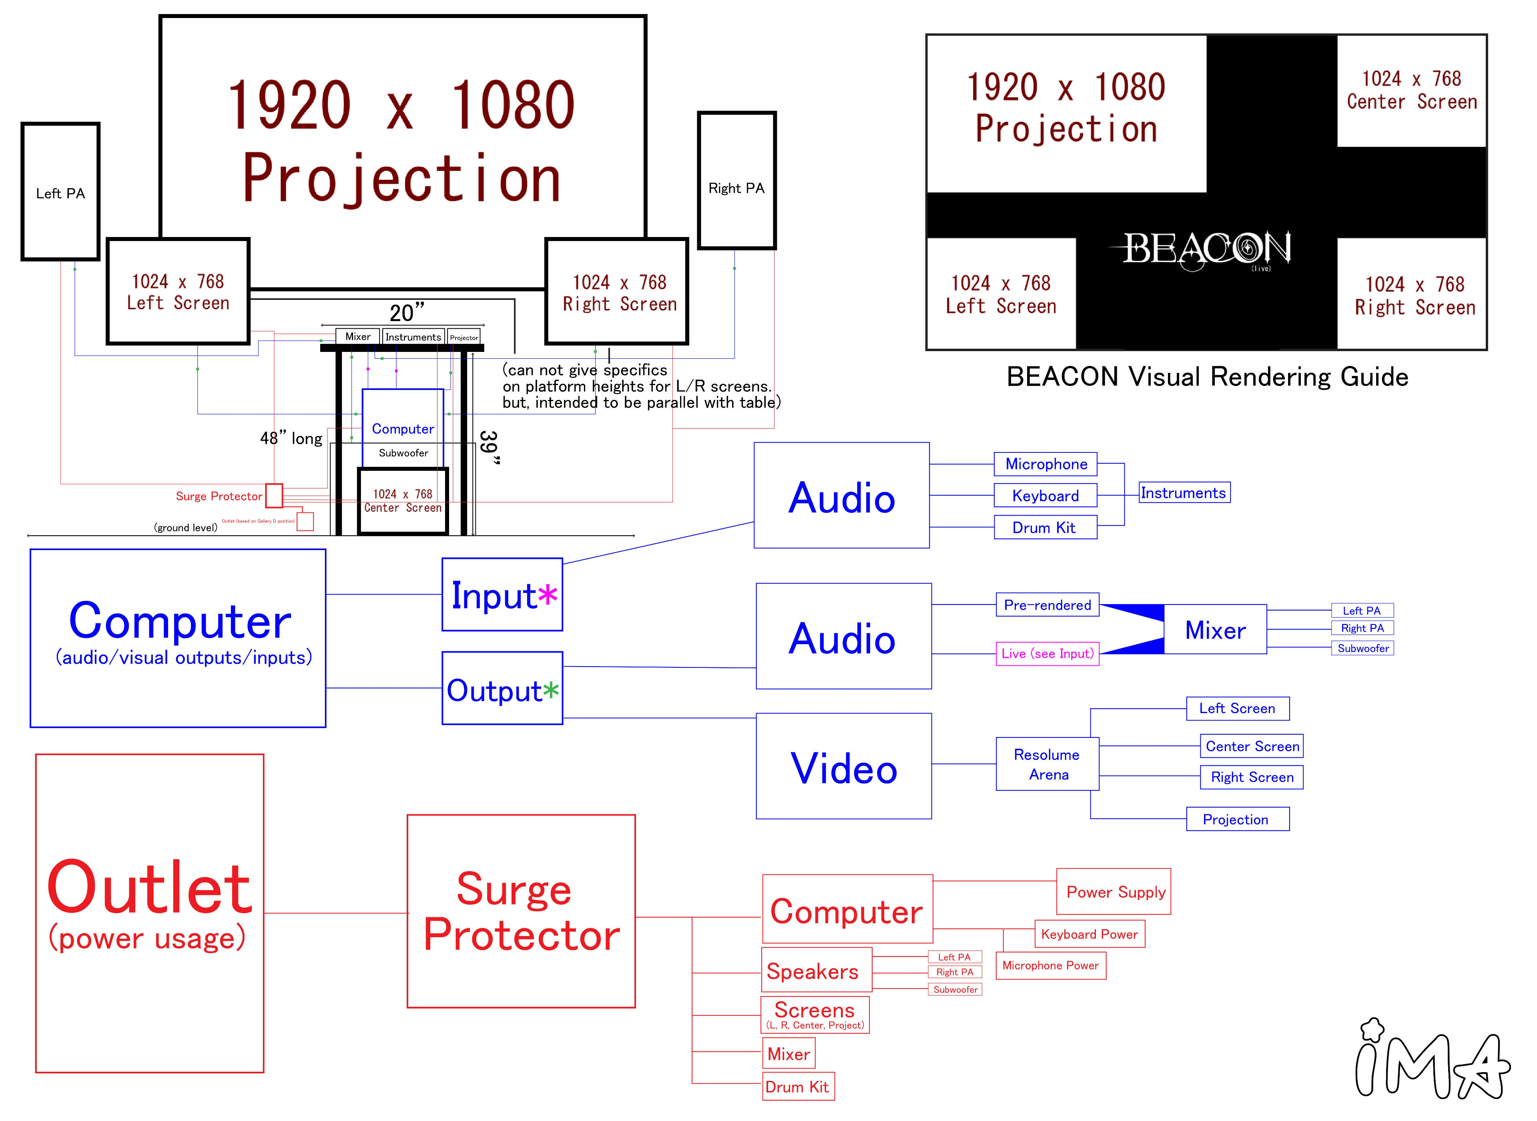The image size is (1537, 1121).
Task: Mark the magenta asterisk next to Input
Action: tap(548, 595)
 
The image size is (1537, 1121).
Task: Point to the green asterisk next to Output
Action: tap(551, 691)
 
